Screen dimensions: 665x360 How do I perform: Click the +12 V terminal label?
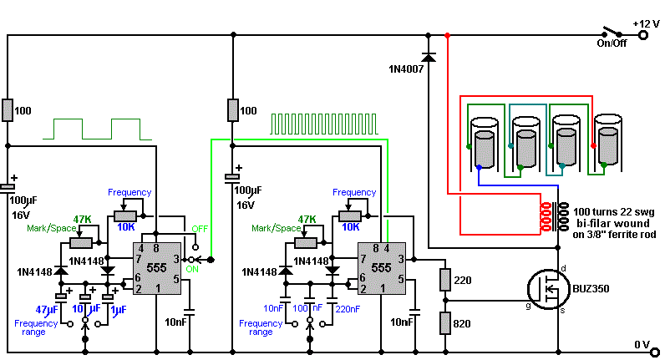coord(646,23)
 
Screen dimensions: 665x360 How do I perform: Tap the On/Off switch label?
coord(612,43)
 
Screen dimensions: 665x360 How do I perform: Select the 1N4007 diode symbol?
coord(429,57)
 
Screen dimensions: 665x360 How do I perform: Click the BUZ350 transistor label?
coord(591,289)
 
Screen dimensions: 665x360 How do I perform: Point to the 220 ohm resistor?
coord(445,280)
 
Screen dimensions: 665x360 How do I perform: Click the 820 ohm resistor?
coord(445,323)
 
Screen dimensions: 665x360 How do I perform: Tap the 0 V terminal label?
coord(642,345)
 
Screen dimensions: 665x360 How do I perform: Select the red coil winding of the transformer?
coord(545,216)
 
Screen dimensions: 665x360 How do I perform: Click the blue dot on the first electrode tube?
coord(479,168)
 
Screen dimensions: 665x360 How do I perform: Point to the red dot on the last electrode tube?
coord(593,146)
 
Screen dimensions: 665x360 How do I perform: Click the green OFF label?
coord(200,229)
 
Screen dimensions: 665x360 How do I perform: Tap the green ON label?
coord(192,269)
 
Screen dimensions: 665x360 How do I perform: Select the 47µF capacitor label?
coord(47,310)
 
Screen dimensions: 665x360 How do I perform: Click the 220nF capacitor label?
coord(348,309)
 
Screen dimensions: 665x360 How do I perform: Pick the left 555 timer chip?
coord(157,268)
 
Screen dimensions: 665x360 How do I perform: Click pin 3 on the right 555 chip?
coord(401,259)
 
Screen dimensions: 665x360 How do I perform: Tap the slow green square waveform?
coord(97,129)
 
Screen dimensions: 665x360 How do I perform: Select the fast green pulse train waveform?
coord(324,124)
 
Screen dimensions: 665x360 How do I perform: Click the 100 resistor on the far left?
coord(8,110)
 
